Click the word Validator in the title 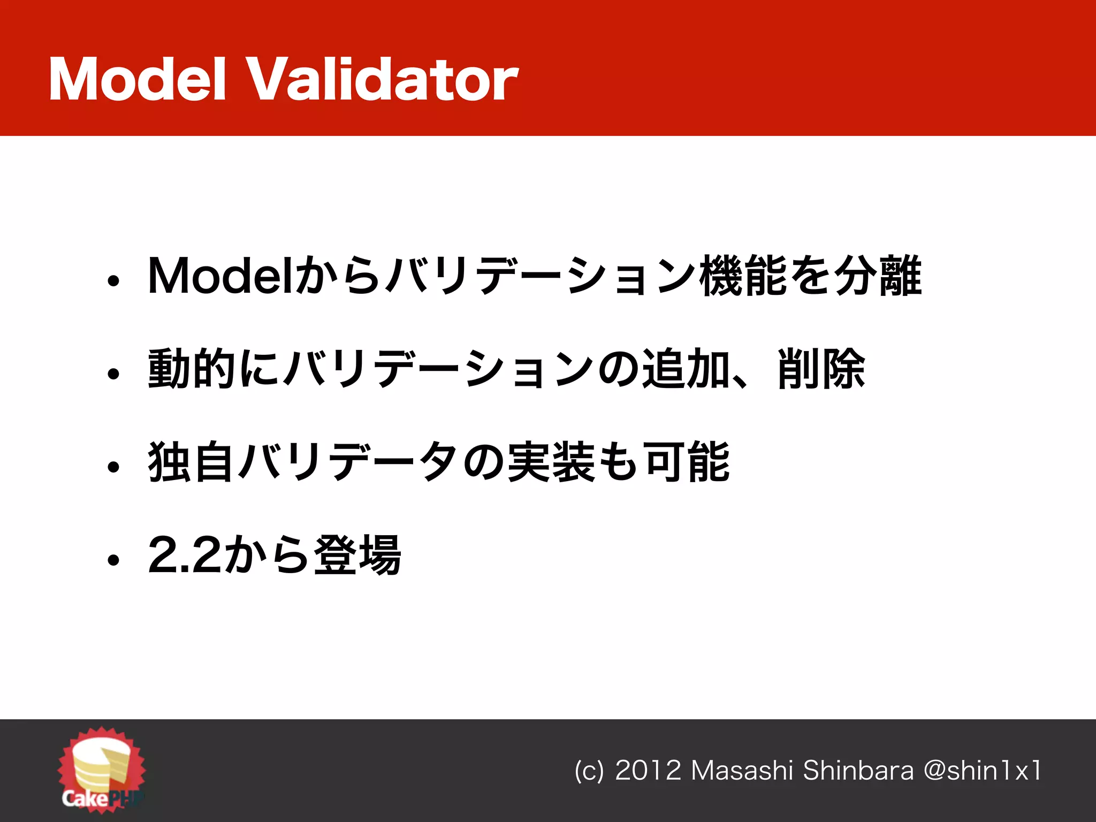click(383, 80)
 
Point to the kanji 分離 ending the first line click(878, 276)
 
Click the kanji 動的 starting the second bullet click(191, 369)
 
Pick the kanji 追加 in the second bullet click(686, 369)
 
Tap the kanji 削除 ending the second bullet click(821, 369)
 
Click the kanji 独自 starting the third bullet click(191, 462)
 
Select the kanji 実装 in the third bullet click(551, 462)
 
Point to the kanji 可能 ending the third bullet click(687, 462)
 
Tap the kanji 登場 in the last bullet click(357, 555)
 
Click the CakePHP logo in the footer click(102, 769)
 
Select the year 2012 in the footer click(648, 771)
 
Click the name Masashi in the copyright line click(742, 771)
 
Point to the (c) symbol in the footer click(589, 771)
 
